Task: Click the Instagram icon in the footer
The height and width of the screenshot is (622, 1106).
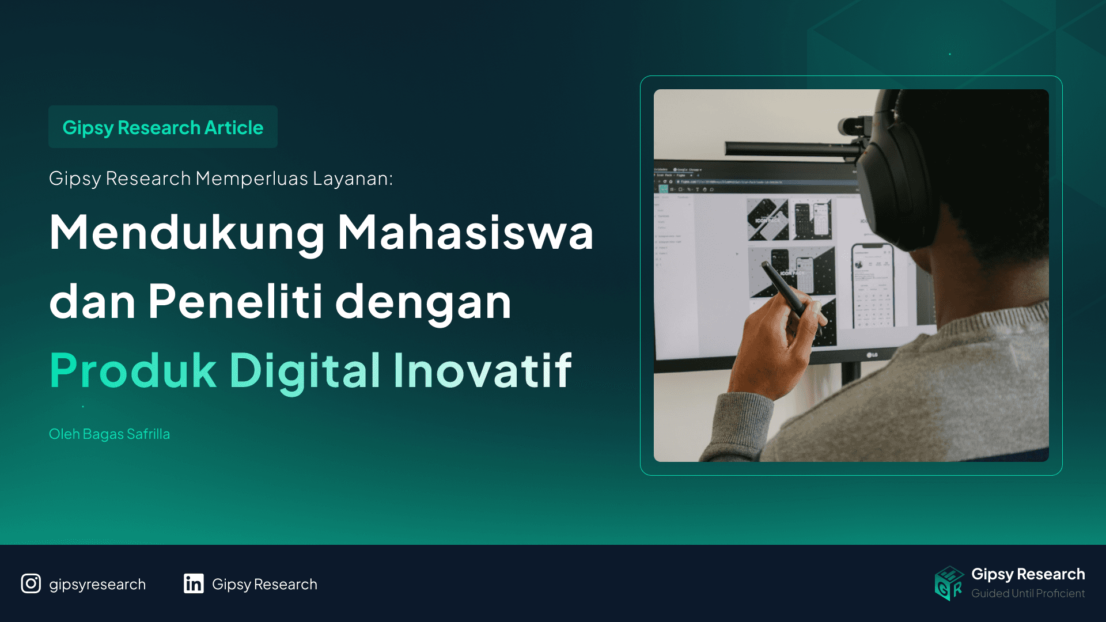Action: pyautogui.click(x=31, y=583)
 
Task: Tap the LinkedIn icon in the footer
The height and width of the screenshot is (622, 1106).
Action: pyautogui.click(x=194, y=583)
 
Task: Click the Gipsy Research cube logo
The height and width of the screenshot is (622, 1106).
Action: pyautogui.click(x=949, y=583)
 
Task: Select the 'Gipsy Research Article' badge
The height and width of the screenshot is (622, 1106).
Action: pyautogui.click(x=163, y=127)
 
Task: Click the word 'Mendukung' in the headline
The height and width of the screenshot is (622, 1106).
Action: pyautogui.click(x=187, y=233)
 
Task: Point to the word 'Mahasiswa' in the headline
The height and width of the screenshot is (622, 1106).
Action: pyautogui.click(x=465, y=233)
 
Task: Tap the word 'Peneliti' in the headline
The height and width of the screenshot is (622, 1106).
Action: pyautogui.click(x=235, y=301)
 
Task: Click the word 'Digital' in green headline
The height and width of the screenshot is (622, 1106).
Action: pyautogui.click(x=305, y=370)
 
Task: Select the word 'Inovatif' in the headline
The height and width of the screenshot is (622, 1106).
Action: pyautogui.click(x=483, y=370)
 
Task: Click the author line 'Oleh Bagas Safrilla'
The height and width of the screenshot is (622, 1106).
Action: pyautogui.click(x=109, y=434)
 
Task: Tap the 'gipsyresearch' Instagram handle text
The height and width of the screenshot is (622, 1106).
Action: pyautogui.click(x=97, y=585)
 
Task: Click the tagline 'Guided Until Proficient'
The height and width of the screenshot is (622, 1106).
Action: pyautogui.click(x=1028, y=593)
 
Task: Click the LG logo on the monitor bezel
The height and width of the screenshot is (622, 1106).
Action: pyautogui.click(x=872, y=355)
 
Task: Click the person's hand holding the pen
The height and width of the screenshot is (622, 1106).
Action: pyautogui.click(x=772, y=346)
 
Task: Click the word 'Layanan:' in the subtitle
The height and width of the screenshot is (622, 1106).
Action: pyautogui.click(x=353, y=179)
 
